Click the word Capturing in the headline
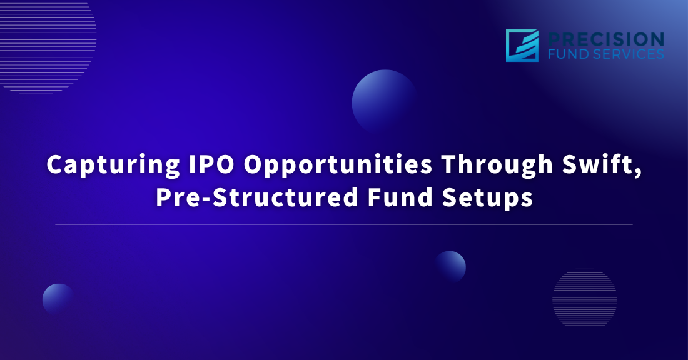(113, 166)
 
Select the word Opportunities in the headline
(338, 166)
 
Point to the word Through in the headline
(497, 166)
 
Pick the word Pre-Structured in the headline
(257, 197)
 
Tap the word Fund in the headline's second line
(400, 197)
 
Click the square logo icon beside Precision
(522, 46)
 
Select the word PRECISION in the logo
(606, 39)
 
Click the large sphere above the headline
(385, 102)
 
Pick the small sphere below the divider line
(450, 267)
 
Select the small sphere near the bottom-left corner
(58, 299)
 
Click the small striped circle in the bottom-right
(585, 299)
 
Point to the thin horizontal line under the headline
(344, 224)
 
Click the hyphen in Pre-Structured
(206, 199)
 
